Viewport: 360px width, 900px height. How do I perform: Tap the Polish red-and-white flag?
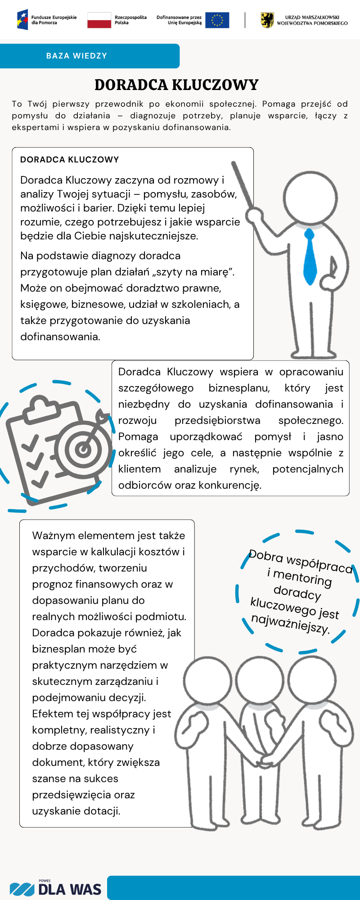[99, 20]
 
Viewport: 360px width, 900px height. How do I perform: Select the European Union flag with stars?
[217, 20]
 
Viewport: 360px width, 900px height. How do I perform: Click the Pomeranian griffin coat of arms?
[267, 20]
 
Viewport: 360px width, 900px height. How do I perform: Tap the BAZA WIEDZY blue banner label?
[77, 56]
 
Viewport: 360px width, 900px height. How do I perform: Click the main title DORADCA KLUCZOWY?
[176, 85]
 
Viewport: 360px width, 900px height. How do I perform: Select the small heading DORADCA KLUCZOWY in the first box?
[70, 160]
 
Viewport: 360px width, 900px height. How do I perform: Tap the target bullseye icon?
[83, 448]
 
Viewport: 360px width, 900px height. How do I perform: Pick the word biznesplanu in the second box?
[239, 388]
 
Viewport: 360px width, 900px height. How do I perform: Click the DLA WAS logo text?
[70, 889]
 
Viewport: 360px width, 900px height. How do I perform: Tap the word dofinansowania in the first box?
[60, 337]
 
